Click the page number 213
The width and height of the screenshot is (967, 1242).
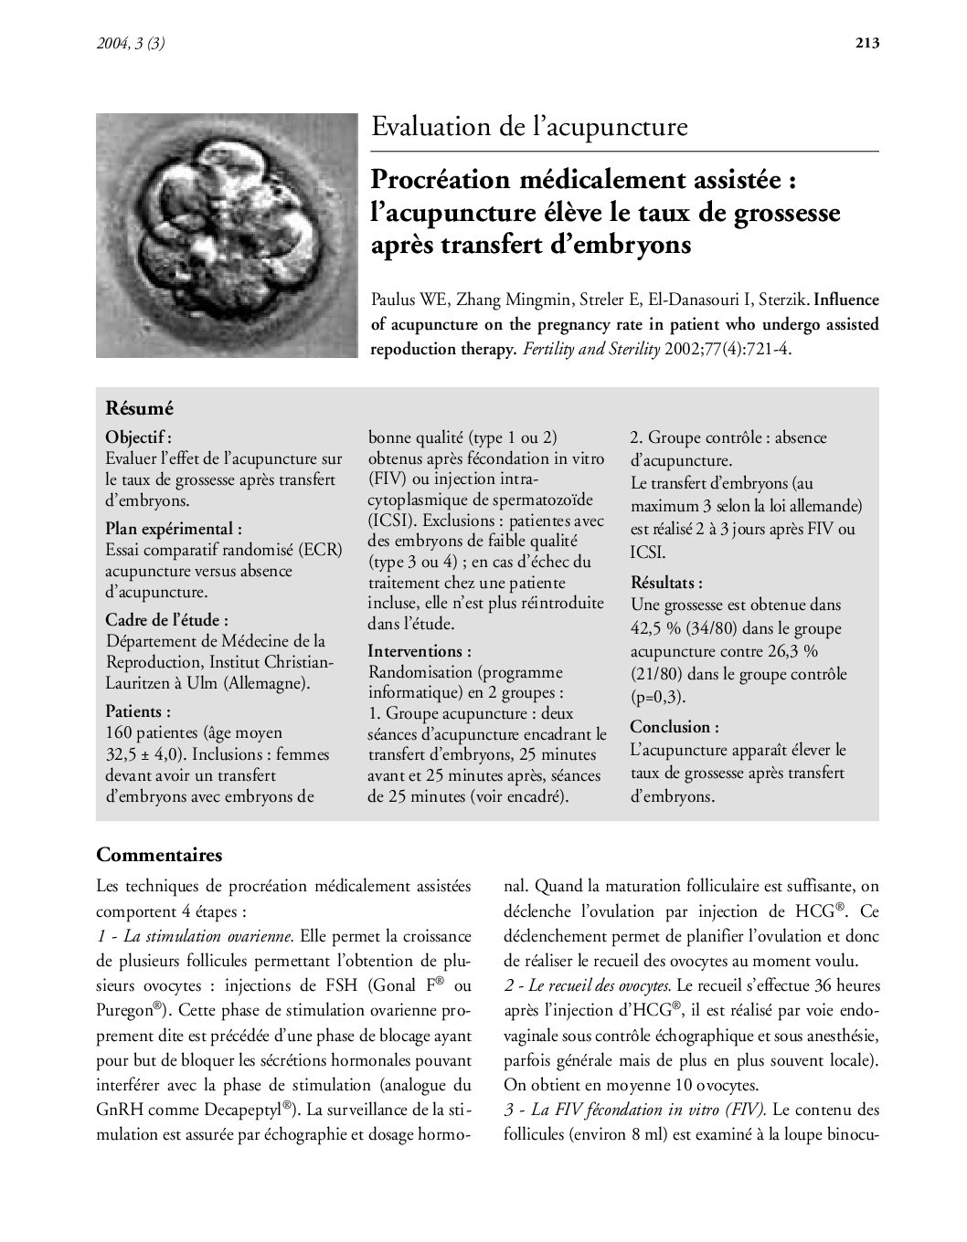(x=866, y=42)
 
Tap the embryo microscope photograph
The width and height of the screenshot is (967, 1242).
(x=227, y=235)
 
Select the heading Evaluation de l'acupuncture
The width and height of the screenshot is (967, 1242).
(x=529, y=127)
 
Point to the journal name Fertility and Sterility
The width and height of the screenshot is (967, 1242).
(x=590, y=349)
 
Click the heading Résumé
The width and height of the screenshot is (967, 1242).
(x=139, y=408)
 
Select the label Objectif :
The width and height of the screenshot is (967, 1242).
(x=138, y=437)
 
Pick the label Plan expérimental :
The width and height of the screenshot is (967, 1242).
(x=174, y=528)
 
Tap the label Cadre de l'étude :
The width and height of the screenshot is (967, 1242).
(x=166, y=619)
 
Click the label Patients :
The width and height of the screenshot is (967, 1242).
(x=138, y=710)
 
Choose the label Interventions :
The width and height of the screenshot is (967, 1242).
(x=420, y=651)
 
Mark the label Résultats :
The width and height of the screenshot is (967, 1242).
(x=666, y=582)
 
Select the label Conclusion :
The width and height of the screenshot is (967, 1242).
(x=675, y=727)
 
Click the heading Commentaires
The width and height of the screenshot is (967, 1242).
(x=159, y=856)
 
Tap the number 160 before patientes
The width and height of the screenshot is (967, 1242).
(x=121, y=732)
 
